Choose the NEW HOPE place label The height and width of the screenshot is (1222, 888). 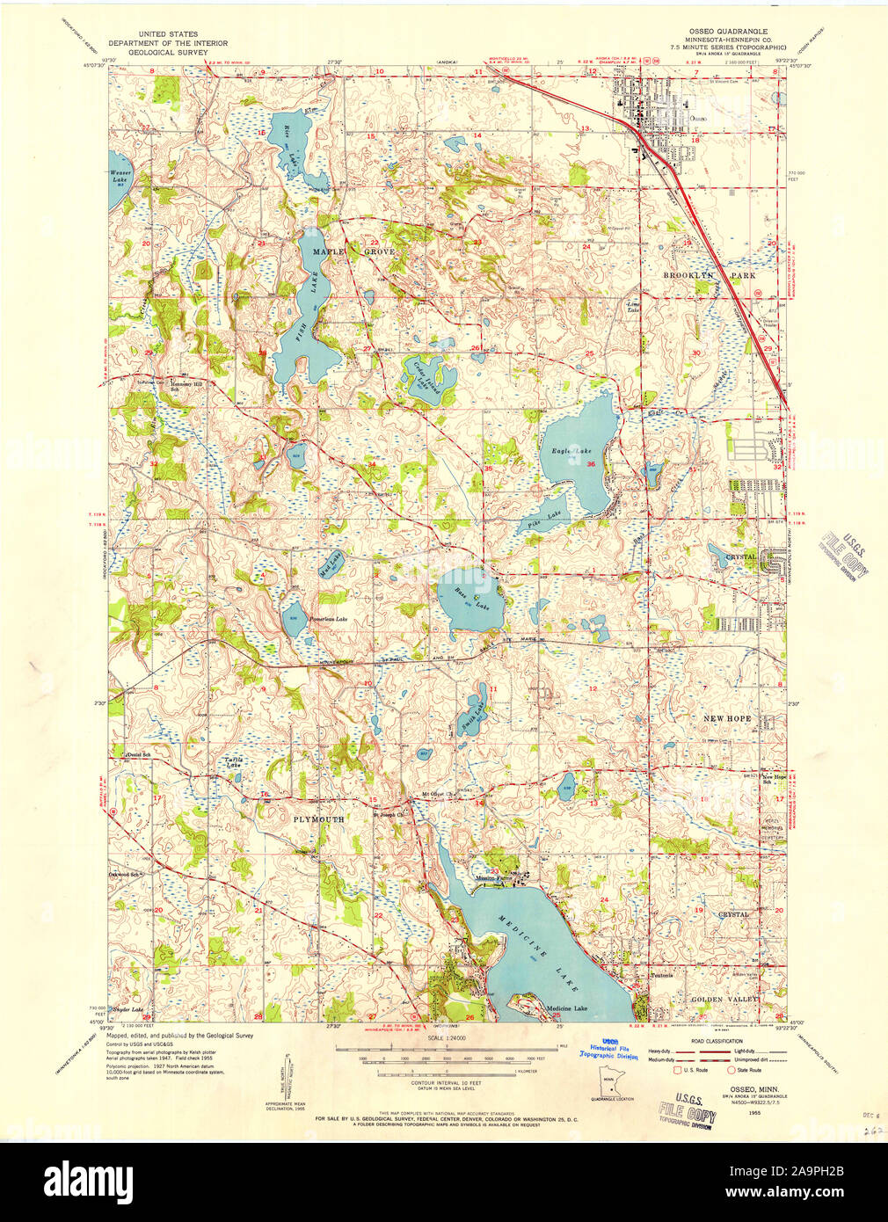726,718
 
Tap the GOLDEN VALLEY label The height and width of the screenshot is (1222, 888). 724,1000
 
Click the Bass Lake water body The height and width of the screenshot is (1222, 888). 466,598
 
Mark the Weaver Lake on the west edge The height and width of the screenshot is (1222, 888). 120,176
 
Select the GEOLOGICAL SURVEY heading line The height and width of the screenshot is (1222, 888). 167,52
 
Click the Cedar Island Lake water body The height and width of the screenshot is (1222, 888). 429,378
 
